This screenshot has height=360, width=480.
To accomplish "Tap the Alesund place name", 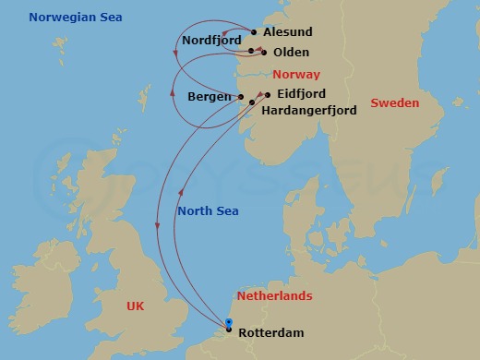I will coord(287,31).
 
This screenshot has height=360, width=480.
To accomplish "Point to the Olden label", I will coord(291,53).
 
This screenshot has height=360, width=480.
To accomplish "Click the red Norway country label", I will coord(296,74).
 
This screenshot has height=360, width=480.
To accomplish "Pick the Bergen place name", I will coord(209,96).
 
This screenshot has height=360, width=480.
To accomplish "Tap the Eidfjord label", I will coord(301,94).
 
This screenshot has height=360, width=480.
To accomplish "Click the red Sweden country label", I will coord(395,103).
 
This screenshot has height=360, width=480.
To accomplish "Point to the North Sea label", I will coord(207,211).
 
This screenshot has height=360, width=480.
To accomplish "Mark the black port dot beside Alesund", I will coord(254,32).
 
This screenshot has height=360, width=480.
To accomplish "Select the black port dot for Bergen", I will coord(240,97).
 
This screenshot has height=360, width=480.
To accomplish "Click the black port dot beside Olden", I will coord(264,53).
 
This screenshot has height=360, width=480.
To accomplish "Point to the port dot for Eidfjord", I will coord(269,94).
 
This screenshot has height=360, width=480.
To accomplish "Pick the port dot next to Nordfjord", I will coord(250,49).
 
